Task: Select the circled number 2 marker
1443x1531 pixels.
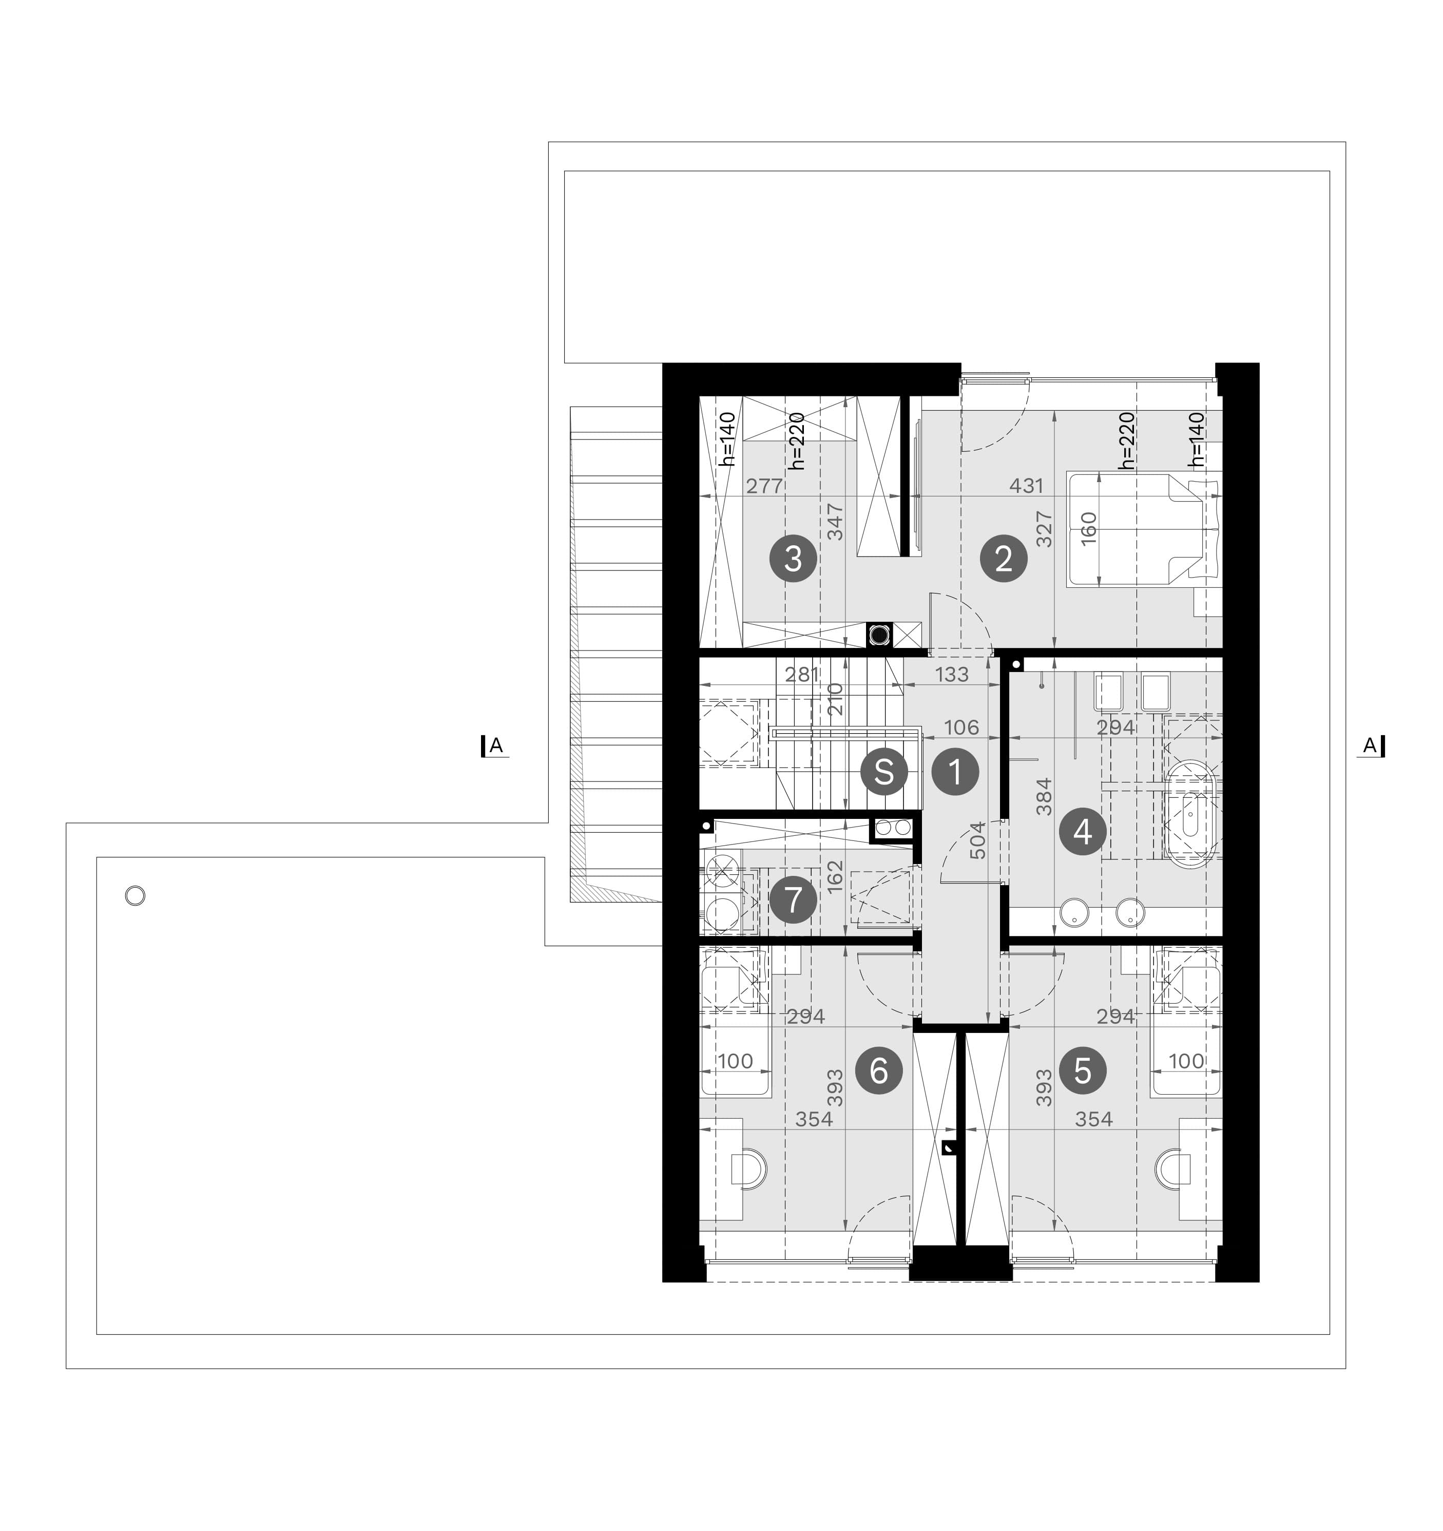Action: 1003,559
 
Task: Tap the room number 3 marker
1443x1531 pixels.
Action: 793,559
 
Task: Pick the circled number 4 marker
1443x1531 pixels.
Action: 1083,832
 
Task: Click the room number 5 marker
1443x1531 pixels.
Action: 1083,1070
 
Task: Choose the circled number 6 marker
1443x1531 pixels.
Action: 879,1070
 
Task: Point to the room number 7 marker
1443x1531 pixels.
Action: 793,900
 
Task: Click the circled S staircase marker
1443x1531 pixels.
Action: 884,771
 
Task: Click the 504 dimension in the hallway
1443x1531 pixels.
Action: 977,841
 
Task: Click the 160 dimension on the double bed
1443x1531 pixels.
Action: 1088,528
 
